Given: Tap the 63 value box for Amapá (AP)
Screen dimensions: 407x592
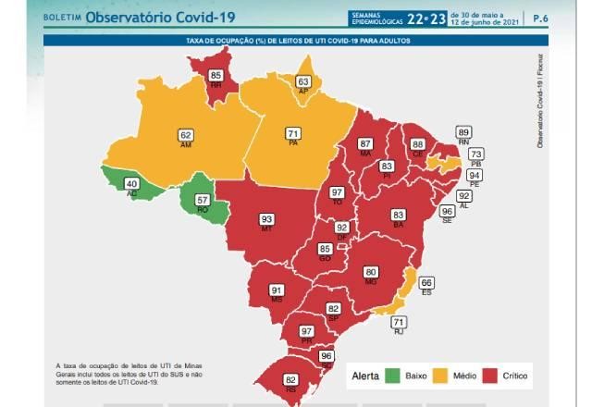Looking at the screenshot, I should [x=302, y=82].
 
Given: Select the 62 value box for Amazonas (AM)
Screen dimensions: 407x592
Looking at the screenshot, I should [x=186, y=135].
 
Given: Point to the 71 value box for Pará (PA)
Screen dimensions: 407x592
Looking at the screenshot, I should [x=292, y=133].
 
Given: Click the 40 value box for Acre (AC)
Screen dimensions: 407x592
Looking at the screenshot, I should [x=132, y=184].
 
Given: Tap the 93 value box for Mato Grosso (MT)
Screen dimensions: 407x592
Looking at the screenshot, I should [x=266, y=219].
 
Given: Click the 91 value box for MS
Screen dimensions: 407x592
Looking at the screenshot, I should [x=276, y=290].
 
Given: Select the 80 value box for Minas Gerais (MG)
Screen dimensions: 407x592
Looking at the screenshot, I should [x=371, y=272].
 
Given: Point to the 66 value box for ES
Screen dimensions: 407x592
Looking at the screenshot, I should [x=426, y=282].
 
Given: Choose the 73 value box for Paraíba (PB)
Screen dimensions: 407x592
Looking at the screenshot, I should [x=475, y=154].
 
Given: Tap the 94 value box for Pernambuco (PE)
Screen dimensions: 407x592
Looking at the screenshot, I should [x=475, y=175].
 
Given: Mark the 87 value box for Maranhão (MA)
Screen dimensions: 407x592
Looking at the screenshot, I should [x=365, y=143].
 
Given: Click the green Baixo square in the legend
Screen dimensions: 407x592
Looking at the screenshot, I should [x=394, y=376].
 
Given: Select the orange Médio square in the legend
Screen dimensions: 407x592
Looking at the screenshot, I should [x=440, y=376].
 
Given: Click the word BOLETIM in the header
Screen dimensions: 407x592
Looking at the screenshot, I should [x=62, y=18].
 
